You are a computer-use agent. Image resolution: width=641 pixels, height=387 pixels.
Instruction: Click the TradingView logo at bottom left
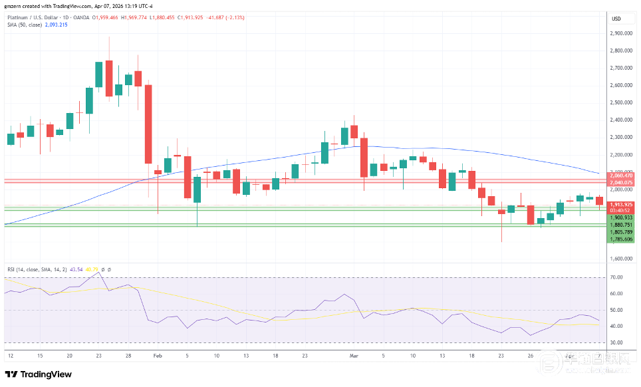pos(38,374)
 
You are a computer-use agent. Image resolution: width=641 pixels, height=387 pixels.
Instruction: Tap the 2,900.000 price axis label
pos(620,33)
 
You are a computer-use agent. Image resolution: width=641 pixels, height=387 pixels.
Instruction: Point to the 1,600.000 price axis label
pos(620,258)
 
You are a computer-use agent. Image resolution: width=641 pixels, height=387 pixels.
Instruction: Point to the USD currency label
pos(616,18)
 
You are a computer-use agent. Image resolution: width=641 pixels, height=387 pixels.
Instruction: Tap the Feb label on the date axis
pos(158,356)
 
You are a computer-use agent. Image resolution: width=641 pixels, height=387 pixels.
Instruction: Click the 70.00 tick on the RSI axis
pos(616,277)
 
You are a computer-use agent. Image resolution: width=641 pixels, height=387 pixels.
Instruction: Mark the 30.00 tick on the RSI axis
pos(616,342)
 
